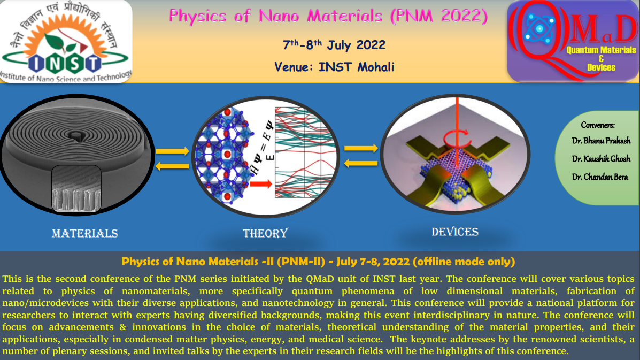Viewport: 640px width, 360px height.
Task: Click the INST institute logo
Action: pyautogui.click(x=66, y=42)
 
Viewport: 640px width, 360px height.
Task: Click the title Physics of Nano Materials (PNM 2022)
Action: pyautogui.click(x=328, y=17)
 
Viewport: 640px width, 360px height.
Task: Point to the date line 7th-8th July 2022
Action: pyautogui.click(x=334, y=44)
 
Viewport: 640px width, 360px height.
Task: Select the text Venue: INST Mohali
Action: pyautogui.click(x=334, y=67)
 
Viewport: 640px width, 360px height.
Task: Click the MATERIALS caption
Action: pyautogui.click(x=85, y=233)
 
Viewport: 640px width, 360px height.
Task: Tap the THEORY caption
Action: pyautogui.click(x=265, y=233)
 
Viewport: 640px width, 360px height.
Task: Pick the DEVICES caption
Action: pyautogui.click(x=454, y=232)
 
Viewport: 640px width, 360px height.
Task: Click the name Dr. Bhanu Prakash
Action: pyautogui.click(x=601, y=141)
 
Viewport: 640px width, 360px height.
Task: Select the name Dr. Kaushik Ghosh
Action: pyautogui.click(x=601, y=159)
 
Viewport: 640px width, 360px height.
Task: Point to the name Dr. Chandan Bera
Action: pyautogui.click(x=599, y=177)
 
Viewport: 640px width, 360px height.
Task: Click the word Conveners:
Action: pyautogui.click(x=598, y=125)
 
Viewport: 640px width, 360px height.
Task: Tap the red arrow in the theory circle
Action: pyautogui.click(x=261, y=185)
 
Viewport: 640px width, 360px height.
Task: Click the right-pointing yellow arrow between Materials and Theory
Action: pyautogui.click(x=172, y=151)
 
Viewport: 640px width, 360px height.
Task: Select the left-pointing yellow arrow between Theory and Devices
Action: pyautogui.click(x=361, y=164)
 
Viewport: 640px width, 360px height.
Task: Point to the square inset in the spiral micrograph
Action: pyautogui.click(x=76, y=189)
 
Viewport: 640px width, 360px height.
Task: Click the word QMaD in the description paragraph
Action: pyautogui.click(x=320, y=279)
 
